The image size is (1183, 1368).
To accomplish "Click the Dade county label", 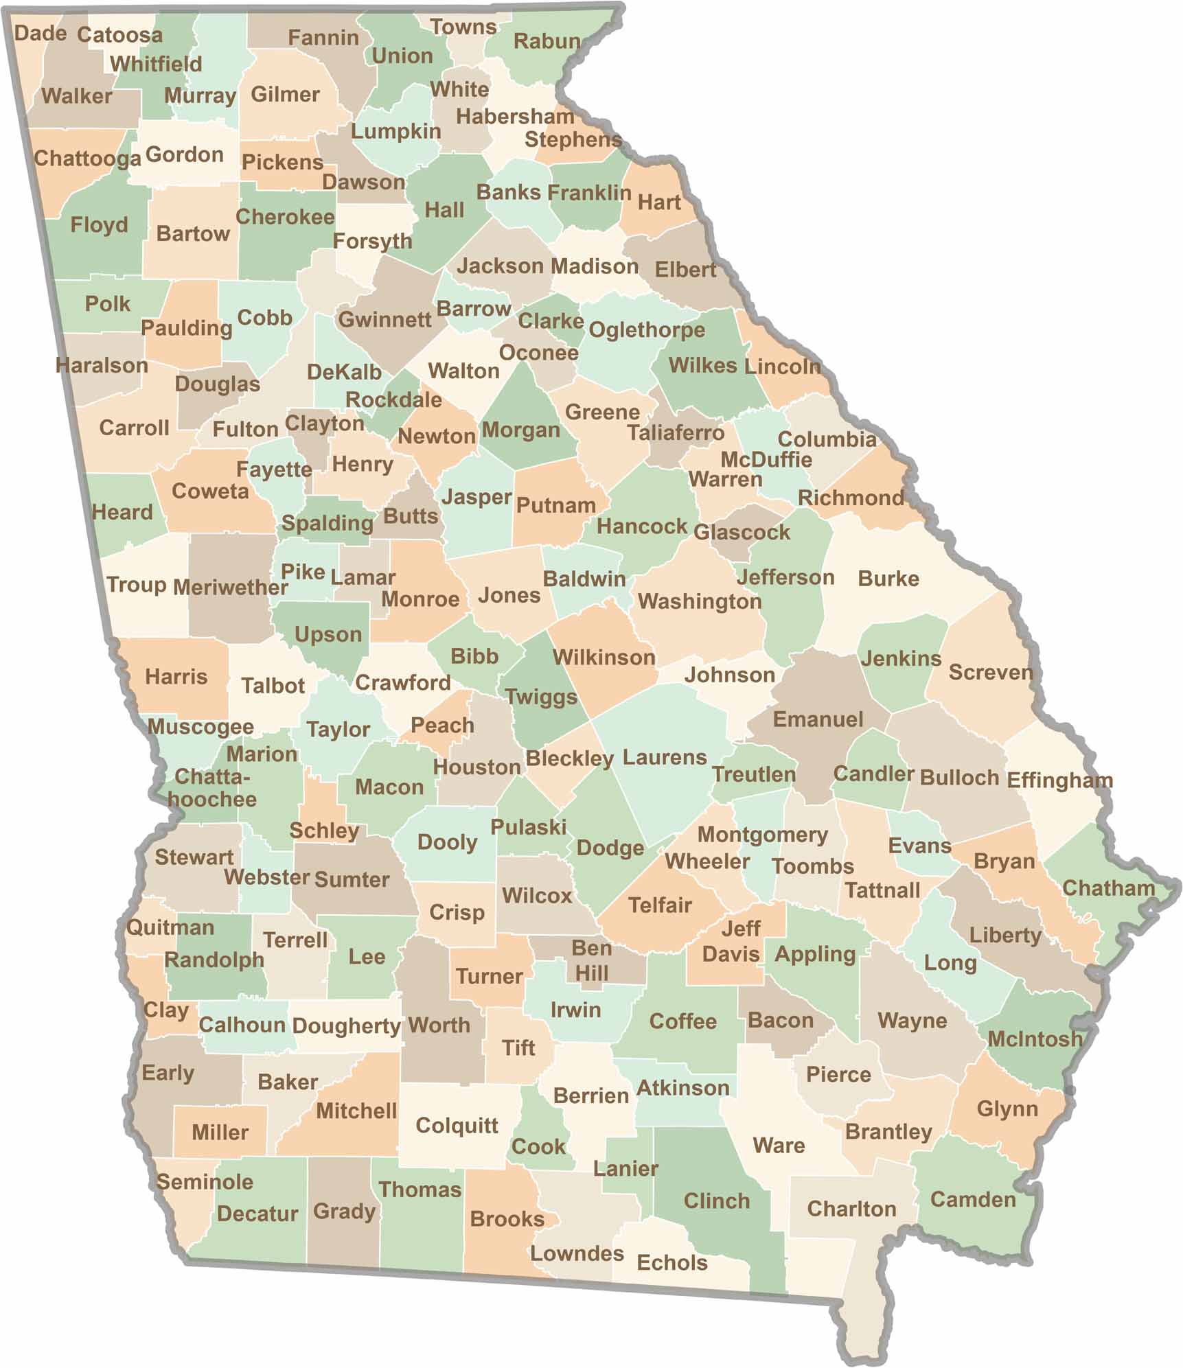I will (x=40, y=33).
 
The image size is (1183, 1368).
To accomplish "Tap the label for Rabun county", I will (x=547, y=41).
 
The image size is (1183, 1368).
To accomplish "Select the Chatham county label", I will (x=1108, y=888).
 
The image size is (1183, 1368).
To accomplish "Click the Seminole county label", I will (x=205, y=1181).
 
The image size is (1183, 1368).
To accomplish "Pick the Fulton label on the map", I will (x=245, y=429).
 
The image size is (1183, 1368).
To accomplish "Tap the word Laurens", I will (x=664, y=757).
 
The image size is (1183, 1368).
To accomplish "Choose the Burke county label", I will (x=888, y=578).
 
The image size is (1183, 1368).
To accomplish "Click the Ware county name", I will (x=779, y=1145).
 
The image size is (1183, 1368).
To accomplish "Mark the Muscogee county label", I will (x=200, y=726).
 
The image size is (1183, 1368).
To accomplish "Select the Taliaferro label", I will (x=676, y=432).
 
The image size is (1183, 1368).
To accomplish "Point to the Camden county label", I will (x=972, y=1199).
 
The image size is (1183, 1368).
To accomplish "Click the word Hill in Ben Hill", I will (x=591, y=973).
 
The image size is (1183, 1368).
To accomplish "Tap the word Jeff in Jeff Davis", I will (x=741, y=929).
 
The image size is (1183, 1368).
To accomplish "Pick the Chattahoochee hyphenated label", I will (x=212, y=788).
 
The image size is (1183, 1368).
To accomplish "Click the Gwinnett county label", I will (x=384, y=319).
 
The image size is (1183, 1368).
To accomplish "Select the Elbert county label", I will (x=685, y=269).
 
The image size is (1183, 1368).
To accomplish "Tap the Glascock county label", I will (x=742, y=532).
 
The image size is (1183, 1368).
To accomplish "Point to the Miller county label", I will (x=220, y=1132).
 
